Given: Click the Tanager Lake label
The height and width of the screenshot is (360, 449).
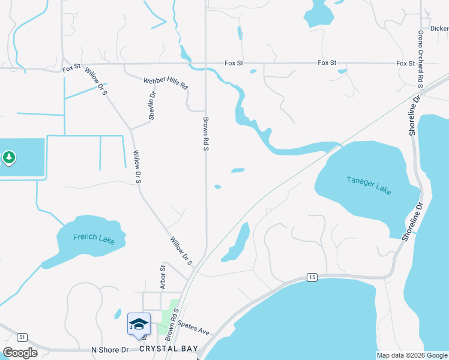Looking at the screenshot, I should click(x=369, y=185).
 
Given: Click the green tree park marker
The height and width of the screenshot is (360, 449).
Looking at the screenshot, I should click(x=8, y=158).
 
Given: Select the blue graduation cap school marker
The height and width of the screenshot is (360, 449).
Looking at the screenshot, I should click(x=139, y=324).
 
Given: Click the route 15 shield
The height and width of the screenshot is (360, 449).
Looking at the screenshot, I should click(x=311, y=277).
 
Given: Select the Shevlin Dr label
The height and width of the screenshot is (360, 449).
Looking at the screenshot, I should click(x=152, y=106).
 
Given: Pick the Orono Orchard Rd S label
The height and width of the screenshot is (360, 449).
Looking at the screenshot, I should click(x=421, y=59).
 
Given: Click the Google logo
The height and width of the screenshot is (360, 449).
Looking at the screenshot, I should click(x=20, y=352).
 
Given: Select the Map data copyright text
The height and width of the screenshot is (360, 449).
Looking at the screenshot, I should click(x=411, y=355).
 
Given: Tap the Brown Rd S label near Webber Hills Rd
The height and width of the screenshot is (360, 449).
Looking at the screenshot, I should click(x=205, y=133).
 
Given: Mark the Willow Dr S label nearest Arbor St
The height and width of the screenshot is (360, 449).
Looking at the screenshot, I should click(x=181, y=251).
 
